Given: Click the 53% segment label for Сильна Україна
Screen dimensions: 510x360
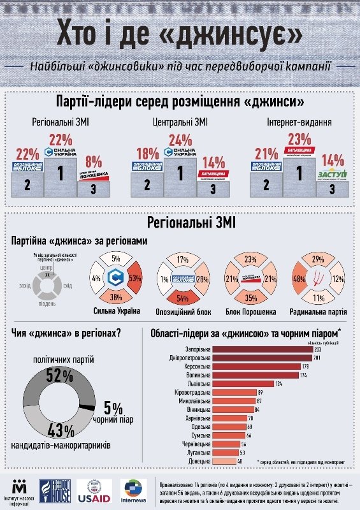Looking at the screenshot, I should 133,279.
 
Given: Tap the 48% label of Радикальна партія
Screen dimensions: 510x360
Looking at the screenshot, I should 297,279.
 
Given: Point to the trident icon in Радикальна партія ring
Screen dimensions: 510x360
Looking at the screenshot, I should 317,279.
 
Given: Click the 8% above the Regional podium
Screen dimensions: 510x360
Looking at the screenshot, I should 93,161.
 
